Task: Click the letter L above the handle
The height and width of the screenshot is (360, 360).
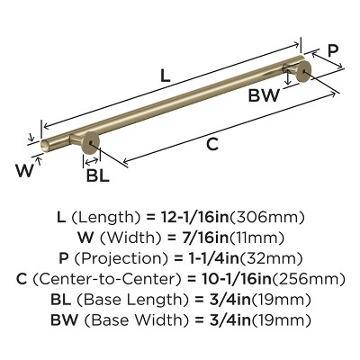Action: point(165,77)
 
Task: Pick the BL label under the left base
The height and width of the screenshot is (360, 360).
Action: point(97,175)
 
